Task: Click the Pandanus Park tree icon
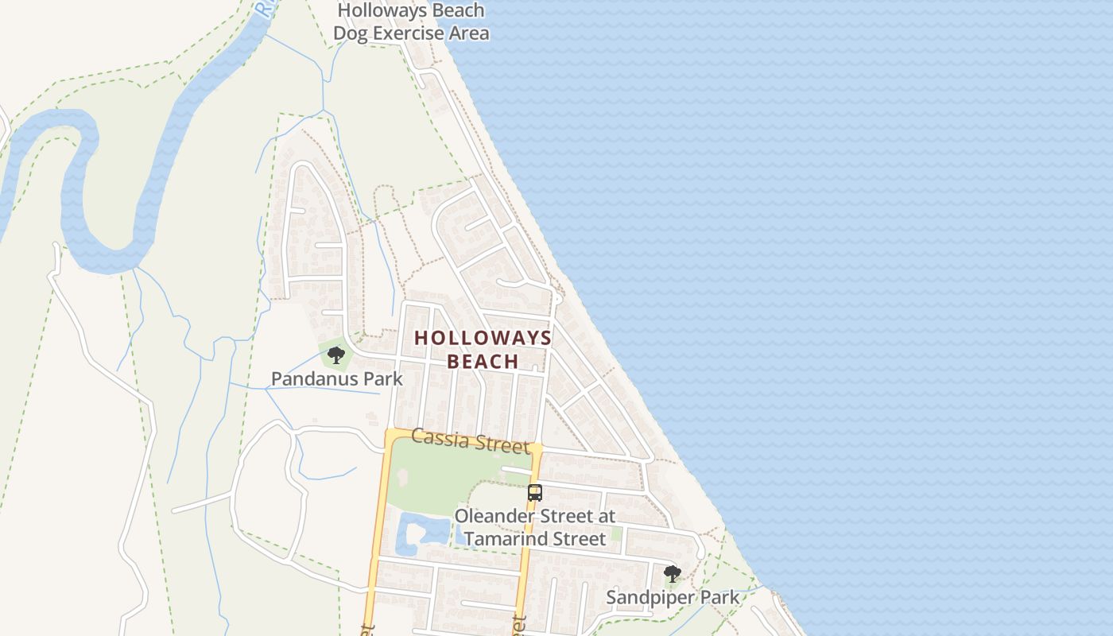click(336, 355)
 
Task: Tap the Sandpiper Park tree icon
click(673, 573)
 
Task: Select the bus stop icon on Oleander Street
click(535, 492)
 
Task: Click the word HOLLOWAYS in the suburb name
click(483, 337)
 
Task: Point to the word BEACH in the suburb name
click(483, 361)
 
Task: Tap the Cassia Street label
click(470, 440)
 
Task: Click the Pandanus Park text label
click(337, 378)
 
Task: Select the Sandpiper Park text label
click(673, 597)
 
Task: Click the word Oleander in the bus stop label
click(490, 516)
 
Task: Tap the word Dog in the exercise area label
click(349, 33)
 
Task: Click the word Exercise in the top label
click(409, 33)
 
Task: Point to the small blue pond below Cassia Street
click(414, 531)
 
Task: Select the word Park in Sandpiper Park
click(719, 597)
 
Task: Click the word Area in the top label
click(469, 33)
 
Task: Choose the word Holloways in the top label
click(378, 10)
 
